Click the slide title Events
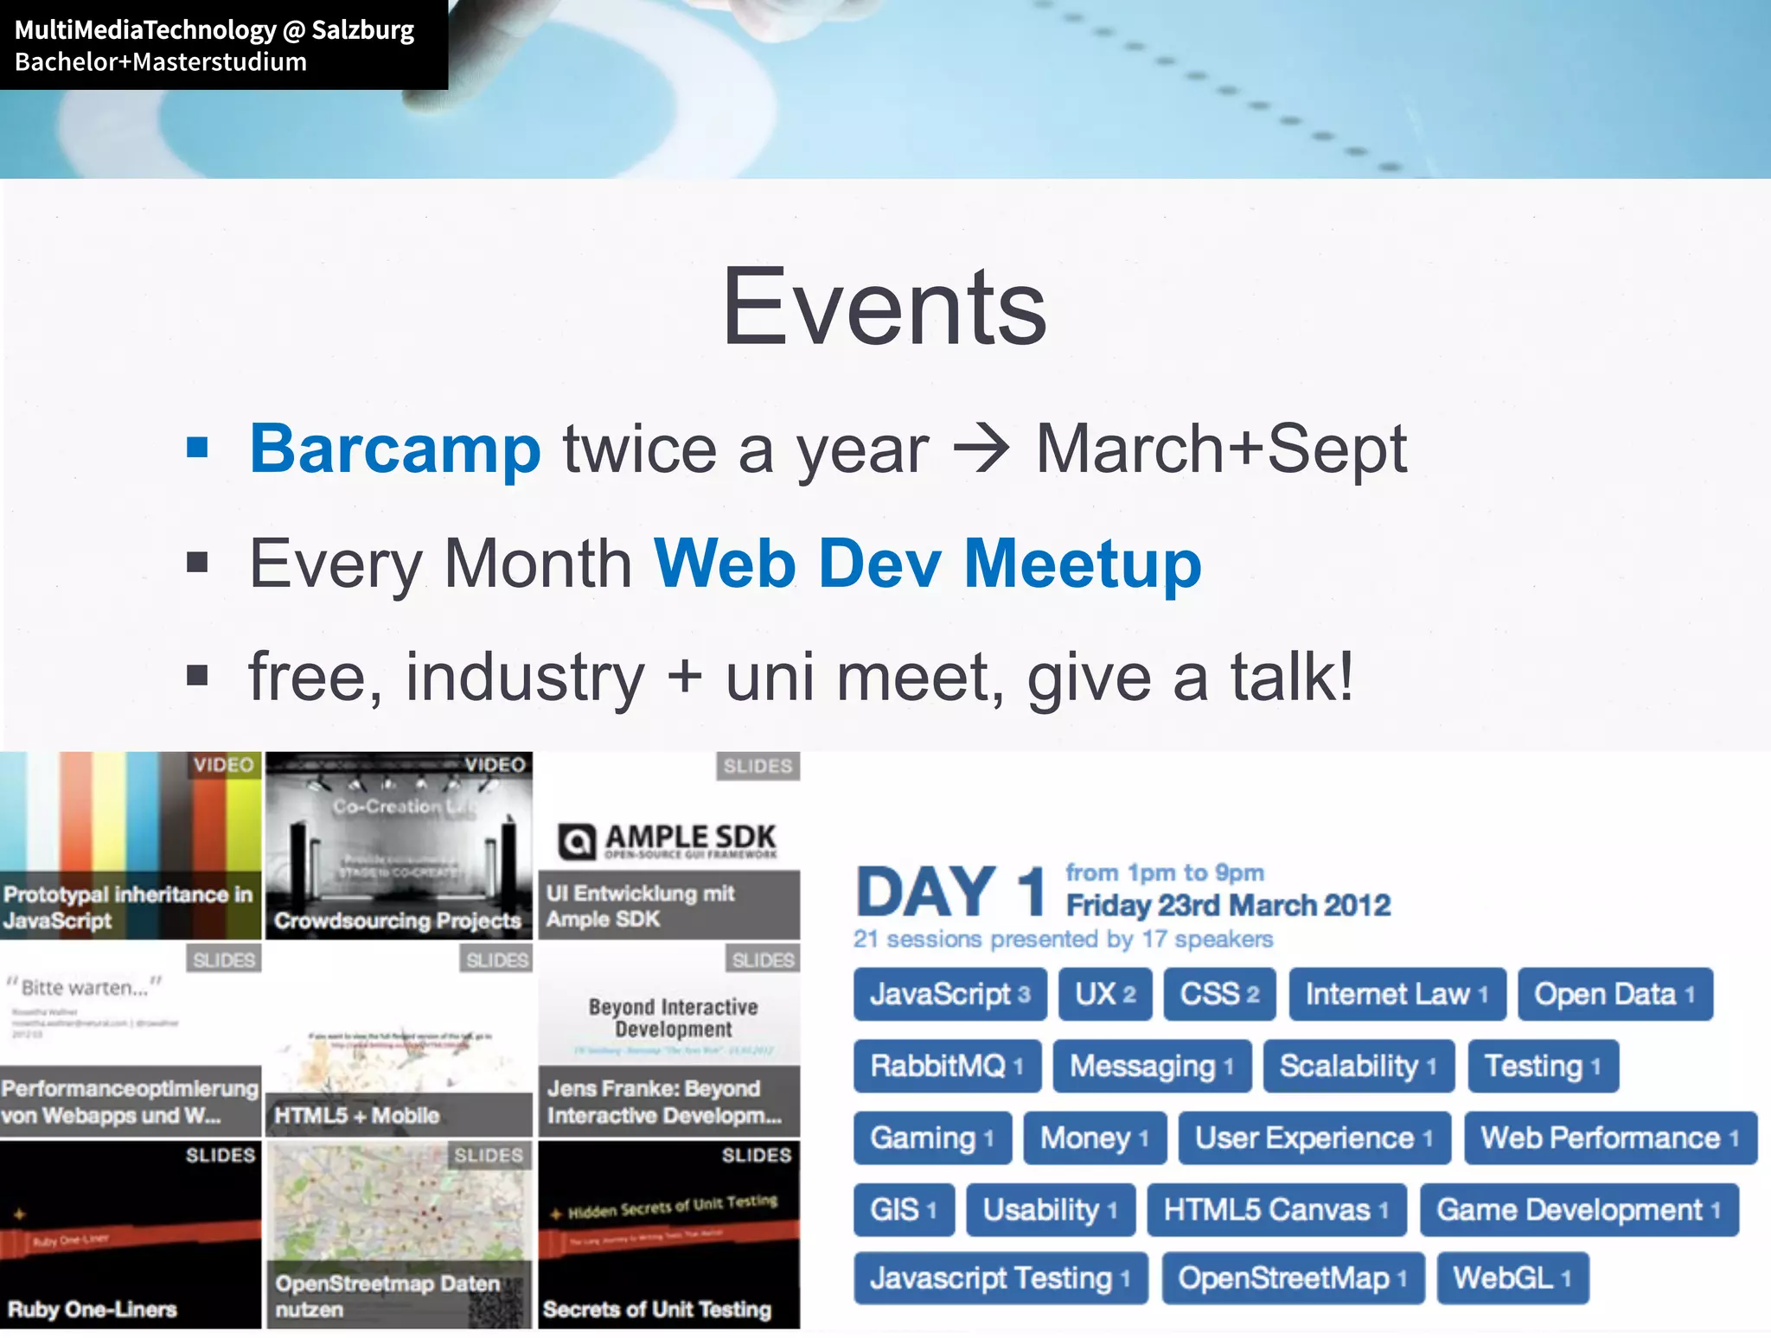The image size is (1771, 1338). [x=884, y=307]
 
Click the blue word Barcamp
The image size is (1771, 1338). [x=395, y=449]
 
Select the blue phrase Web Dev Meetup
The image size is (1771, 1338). [x=927, y=564]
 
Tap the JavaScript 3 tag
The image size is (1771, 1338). [x=949, y=994]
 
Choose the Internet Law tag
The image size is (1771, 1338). [x=1397, y=994]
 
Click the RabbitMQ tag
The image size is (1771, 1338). [x=947, y=1066]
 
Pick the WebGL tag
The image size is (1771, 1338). [x=1512, y=1277]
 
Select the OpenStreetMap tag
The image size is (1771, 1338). [x=1292, y=1277]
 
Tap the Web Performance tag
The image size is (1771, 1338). [x=1609, y=1137]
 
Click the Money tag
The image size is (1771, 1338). [x=1094, y=1137]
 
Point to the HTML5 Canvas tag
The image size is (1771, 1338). [x=1276, y=1209]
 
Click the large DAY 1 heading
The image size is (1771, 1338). [x=950, y=892]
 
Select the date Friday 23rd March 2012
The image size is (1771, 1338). [x=1228, y=905]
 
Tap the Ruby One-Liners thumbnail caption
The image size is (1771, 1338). [x=92, y=1309]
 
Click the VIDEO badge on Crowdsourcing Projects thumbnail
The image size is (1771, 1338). [x=495, y=765]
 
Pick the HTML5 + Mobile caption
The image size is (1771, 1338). [x=356, y=1115]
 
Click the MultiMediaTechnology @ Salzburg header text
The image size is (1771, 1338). [x=214, y=30]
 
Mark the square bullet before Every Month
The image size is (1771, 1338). [x=198, y=564]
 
